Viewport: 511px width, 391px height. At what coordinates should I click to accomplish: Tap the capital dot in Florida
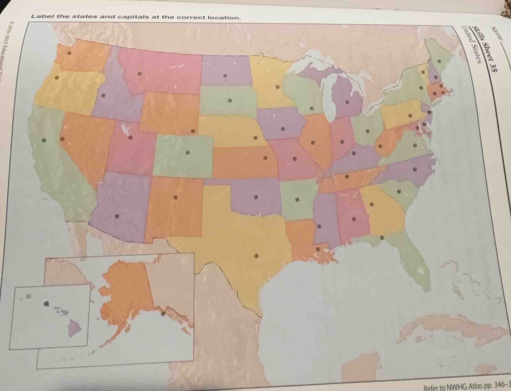coord(382,237)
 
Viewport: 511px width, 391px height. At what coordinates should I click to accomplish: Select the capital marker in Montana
coord(139,74)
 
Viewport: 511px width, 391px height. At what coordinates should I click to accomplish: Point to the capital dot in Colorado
coord(188,153)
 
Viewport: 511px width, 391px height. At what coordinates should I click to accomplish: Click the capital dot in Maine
coord(439,61)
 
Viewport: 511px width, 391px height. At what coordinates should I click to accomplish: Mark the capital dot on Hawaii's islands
coord(46,303)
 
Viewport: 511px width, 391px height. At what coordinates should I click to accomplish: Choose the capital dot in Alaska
coord(163,313)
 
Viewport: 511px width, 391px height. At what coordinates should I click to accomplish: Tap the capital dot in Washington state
coord(69,53)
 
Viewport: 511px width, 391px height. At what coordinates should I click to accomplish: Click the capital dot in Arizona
coord(117,216)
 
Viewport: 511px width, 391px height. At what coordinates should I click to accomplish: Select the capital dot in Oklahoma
coord(256,197)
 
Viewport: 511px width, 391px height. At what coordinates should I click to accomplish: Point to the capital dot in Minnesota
coord(277,87)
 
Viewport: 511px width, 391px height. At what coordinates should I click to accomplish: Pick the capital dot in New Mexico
coord(175,197)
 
